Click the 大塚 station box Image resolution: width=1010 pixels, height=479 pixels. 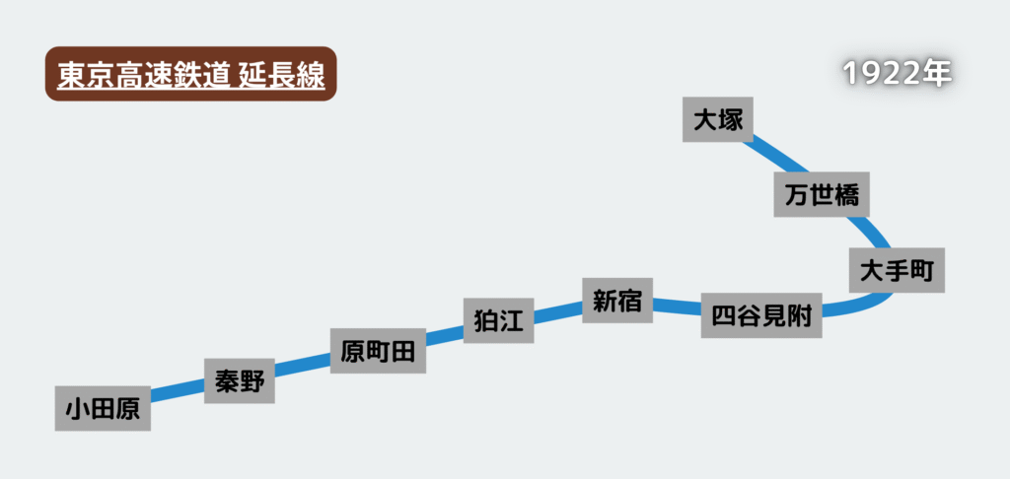coord(718,119)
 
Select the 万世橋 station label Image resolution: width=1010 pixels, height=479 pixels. coord(822,194)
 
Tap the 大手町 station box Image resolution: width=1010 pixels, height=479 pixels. coord(897,270)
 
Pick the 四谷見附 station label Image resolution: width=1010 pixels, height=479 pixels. coord(761,315)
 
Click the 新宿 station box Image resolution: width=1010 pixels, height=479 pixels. coord(617,301)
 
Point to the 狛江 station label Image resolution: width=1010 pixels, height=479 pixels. coord(498,319)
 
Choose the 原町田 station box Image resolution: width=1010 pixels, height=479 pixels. coord(378,351)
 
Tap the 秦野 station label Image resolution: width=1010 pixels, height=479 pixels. coord(239,380)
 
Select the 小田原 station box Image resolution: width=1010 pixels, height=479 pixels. coord(103,408)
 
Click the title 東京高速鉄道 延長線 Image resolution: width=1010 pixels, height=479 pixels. coord(191,74)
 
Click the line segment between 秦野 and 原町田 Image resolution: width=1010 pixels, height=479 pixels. coord(302,367)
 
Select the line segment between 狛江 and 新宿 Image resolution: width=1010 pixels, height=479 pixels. coord(558,310)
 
